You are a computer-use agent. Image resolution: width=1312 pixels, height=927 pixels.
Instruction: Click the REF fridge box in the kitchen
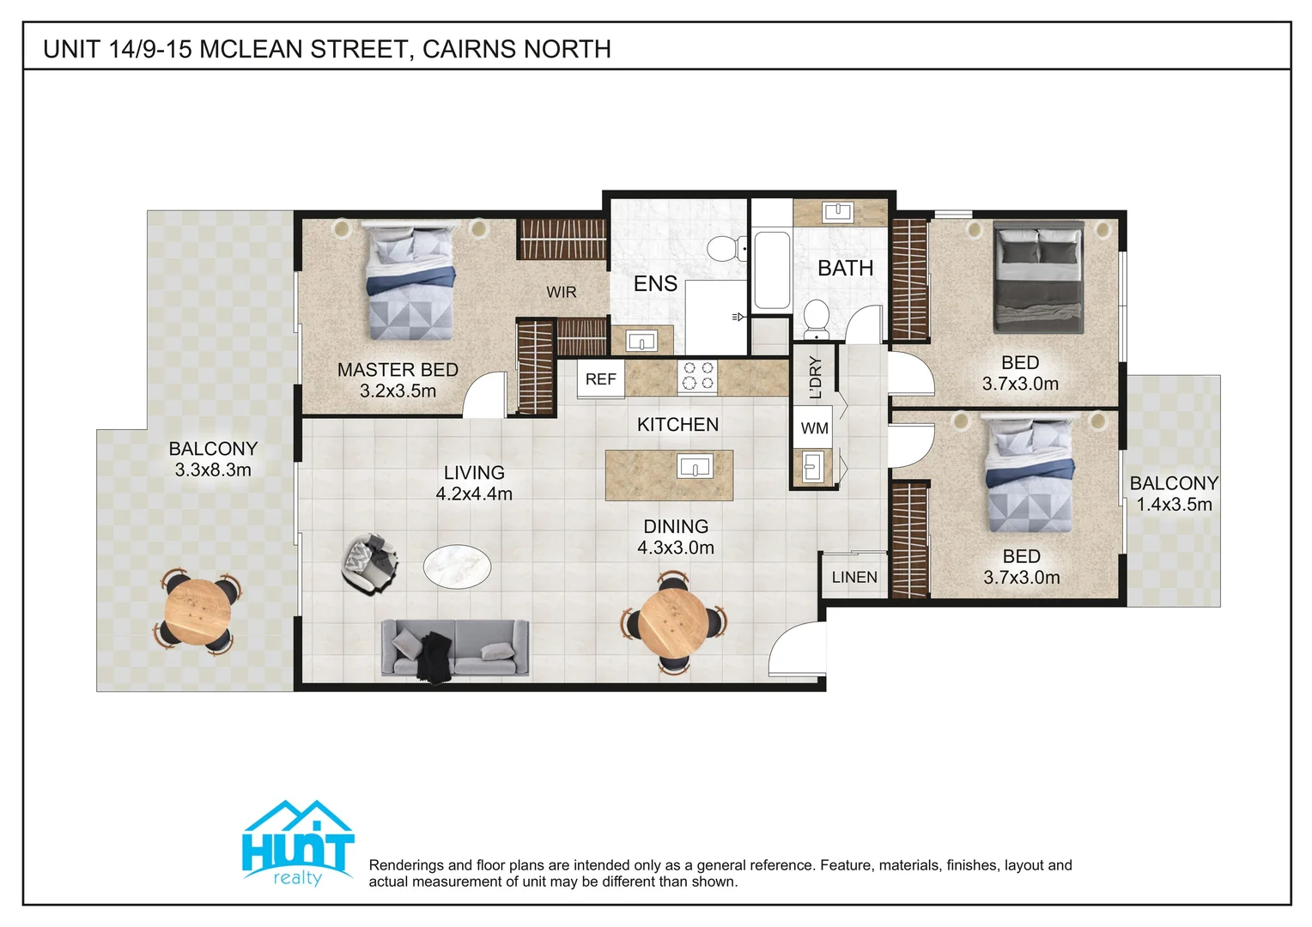(600, 379)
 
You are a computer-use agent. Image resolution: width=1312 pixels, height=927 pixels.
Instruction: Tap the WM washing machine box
(814, 428)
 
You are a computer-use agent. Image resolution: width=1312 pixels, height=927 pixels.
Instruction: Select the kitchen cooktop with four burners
(697, 377)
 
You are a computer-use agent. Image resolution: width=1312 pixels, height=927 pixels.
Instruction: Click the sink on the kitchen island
(694, 468)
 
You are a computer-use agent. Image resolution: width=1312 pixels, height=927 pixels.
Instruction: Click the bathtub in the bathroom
(771, 270)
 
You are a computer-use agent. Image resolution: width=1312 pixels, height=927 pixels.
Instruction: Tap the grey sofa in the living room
(455, 649)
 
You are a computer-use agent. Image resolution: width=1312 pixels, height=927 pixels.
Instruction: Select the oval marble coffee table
(457, 567)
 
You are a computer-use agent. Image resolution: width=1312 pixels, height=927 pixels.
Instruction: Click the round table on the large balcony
(198, 610)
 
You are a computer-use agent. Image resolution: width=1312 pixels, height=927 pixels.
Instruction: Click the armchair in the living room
(369, 562)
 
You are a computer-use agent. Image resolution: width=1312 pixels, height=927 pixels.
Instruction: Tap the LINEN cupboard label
(854, 578)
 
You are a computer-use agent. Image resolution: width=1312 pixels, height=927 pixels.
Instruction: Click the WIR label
(562, 293)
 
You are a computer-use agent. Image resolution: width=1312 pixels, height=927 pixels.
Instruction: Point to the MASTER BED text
(398, 370)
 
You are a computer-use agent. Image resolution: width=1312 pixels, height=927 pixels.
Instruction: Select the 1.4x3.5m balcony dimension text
(1174, 505)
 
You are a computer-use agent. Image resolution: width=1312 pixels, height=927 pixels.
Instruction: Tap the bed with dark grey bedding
(1038, 277)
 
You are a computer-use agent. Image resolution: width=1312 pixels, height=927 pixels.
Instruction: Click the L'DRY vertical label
(816, 378)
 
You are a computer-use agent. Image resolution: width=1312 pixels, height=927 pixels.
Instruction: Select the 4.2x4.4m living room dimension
(474, 494)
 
